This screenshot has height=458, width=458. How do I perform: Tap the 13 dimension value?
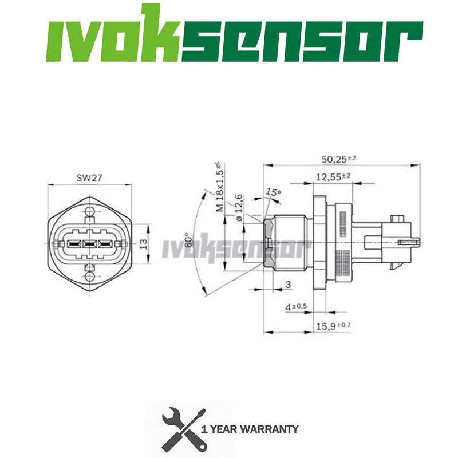coord(144,243)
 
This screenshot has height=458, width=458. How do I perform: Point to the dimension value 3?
coord(288,284)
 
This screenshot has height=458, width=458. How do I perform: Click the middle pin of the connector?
coord(89,244)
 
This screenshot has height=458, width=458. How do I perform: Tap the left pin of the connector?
coord(73,244)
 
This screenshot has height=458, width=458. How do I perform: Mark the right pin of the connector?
coord(104,244)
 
